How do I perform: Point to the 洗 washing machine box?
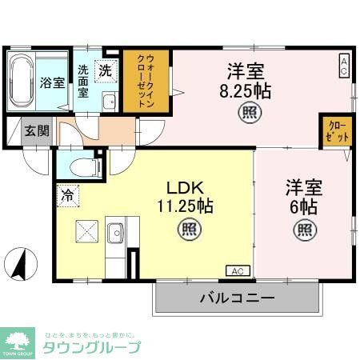[106, 70]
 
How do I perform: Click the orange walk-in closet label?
[146, 81]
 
